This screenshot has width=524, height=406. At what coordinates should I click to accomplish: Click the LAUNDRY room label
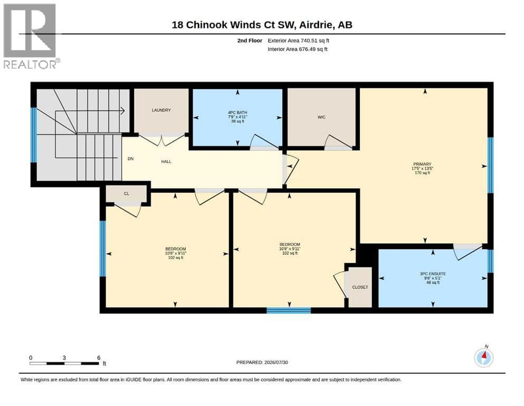[161, 110]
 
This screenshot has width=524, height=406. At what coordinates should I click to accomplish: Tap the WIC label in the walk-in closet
[321, 117]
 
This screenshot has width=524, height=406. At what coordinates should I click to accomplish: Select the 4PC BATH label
[237, 113]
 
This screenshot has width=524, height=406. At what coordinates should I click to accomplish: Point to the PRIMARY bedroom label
[422, 164]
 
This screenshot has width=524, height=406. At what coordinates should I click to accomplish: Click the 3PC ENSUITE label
[433, 274]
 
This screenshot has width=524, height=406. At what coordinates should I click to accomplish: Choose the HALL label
[166, 161]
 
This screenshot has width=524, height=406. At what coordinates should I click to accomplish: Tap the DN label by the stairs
[131, 159]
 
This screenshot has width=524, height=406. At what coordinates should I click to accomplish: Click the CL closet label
[126, 194]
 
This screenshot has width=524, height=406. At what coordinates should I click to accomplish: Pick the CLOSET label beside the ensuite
[360, 287]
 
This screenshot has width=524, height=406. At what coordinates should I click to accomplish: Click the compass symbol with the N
[483, 357]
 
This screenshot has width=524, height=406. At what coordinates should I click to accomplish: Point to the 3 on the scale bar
[64, 358]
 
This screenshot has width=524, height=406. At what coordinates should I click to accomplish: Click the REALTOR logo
[30, 36]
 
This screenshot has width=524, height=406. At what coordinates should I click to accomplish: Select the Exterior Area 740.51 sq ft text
[299, 41]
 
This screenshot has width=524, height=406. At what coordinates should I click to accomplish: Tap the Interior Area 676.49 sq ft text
[298, 49]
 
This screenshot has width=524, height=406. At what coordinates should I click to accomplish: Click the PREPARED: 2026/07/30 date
[262, 362]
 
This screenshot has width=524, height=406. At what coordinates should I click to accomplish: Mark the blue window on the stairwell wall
[33, 135]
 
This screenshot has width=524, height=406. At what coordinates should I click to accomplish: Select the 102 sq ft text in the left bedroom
[175, 258]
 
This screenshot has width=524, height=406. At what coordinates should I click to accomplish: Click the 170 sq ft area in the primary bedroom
[422, 173]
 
